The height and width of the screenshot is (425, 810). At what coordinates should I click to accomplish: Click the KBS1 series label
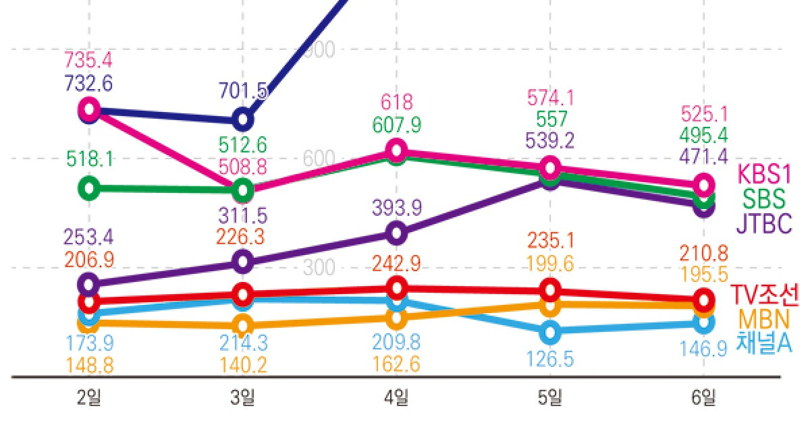click(x=763, y=174)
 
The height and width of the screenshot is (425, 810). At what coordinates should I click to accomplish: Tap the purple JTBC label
click(x=763, y=223)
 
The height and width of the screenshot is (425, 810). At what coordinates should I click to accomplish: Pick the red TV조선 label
click(x=765, y=295)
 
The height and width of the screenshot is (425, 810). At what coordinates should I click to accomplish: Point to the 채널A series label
click(x=763, y=343)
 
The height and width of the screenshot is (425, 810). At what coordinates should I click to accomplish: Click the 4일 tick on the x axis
click(x=396, y=398)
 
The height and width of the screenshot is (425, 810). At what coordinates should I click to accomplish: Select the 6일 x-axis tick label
click(x=703, y=398)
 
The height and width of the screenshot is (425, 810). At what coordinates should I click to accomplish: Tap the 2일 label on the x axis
click(x=89, y=398)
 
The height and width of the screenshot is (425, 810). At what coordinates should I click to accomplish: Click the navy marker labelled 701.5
click(x=243, y=120)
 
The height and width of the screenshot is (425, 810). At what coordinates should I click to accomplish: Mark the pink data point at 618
click(x=397, y=149)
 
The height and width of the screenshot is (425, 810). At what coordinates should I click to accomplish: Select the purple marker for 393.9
click(x=397, y=233)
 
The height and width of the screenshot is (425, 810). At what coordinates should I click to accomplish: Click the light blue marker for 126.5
click(x=550, y=332)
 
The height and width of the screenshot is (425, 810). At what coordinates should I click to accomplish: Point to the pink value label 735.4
click(x=88, y=59)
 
